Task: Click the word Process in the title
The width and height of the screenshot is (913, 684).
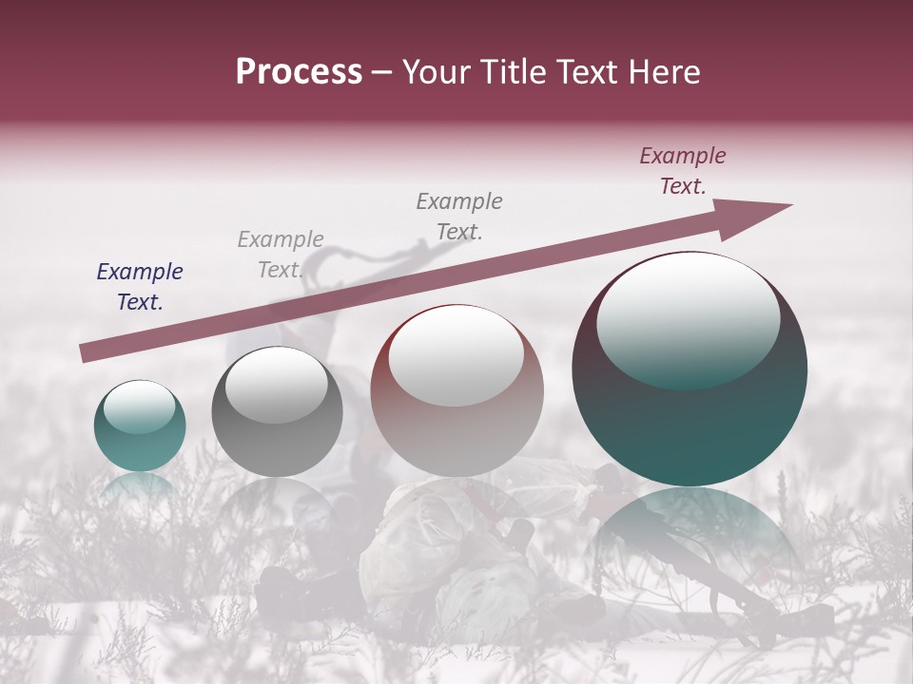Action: [x=299, y=72]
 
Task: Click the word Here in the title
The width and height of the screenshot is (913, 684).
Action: [x=666, y=72]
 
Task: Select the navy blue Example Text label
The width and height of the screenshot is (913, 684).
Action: [x=140, y=287]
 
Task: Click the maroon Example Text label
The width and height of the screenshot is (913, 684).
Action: [x=683, y=171]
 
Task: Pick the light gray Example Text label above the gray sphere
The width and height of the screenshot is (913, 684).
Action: [x=281, y=255]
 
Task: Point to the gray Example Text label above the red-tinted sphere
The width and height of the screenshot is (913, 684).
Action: [x=459, y=216]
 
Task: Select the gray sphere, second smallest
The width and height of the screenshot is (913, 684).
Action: [x=277, y=418]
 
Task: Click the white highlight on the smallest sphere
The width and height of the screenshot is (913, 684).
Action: [x=139, y=407]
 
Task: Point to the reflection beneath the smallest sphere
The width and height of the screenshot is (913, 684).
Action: [x=139, y=485]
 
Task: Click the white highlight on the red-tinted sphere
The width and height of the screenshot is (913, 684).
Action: [x=456, y=353]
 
